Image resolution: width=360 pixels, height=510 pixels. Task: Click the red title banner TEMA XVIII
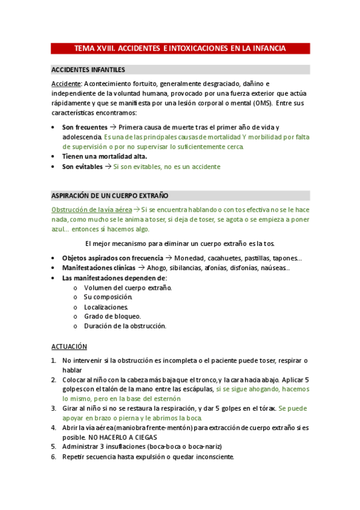click(180, 48)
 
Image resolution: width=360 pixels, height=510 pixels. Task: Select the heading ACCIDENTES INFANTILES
click(88, 70)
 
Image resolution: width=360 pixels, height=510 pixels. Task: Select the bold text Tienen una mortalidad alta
click(105, 156)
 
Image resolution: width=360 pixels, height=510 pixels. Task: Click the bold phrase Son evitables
click(82, 167)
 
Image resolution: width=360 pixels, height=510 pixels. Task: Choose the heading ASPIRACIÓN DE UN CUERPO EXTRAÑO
click(110, 196)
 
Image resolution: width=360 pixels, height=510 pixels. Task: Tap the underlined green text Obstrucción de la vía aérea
click(91, 209)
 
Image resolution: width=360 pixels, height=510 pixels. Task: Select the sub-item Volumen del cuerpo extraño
click(127, 287)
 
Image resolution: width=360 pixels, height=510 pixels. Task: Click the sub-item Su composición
click(108, 297)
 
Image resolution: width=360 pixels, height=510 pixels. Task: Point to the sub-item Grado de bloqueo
click(112, 316)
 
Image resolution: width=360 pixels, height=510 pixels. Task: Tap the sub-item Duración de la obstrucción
click(125, 326)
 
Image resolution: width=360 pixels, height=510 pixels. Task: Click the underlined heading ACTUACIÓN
click(69, 347)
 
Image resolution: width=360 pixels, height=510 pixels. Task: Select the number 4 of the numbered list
click(53, 428)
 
